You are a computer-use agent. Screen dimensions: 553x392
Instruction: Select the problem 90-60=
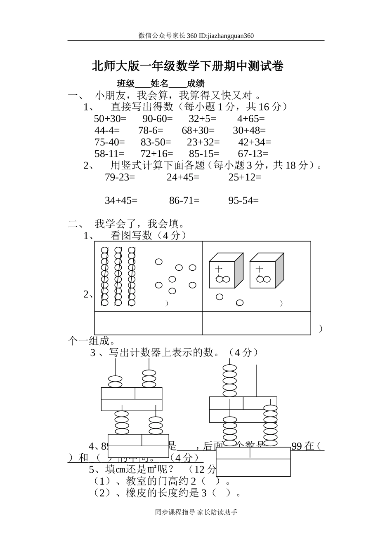(158, 119)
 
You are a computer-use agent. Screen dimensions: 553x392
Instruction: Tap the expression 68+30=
(198, 131)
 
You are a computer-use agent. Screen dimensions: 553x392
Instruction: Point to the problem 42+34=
(255, 142)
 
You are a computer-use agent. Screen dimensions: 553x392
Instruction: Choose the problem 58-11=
(109, 154)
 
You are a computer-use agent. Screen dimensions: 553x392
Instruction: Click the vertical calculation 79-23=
(120, 177)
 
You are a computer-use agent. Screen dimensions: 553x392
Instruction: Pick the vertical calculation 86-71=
(184, 201)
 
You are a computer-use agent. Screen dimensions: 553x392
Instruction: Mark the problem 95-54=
(243, 201)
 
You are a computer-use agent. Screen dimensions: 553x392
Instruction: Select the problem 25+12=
(245, 177)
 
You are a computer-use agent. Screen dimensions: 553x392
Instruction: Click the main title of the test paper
(188, 66)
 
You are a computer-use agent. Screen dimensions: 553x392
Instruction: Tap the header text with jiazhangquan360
(196, 35)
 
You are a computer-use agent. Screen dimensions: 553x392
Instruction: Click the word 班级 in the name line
(126, 84)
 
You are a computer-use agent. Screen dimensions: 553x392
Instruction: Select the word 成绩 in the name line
(195, 84)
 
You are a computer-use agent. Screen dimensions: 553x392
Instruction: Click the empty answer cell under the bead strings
(149, 323)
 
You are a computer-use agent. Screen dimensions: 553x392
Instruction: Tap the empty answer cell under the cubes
(256, 323)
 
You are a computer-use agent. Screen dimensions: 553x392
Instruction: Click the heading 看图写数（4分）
(149, 235)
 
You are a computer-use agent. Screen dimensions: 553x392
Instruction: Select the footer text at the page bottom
(196, 512)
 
